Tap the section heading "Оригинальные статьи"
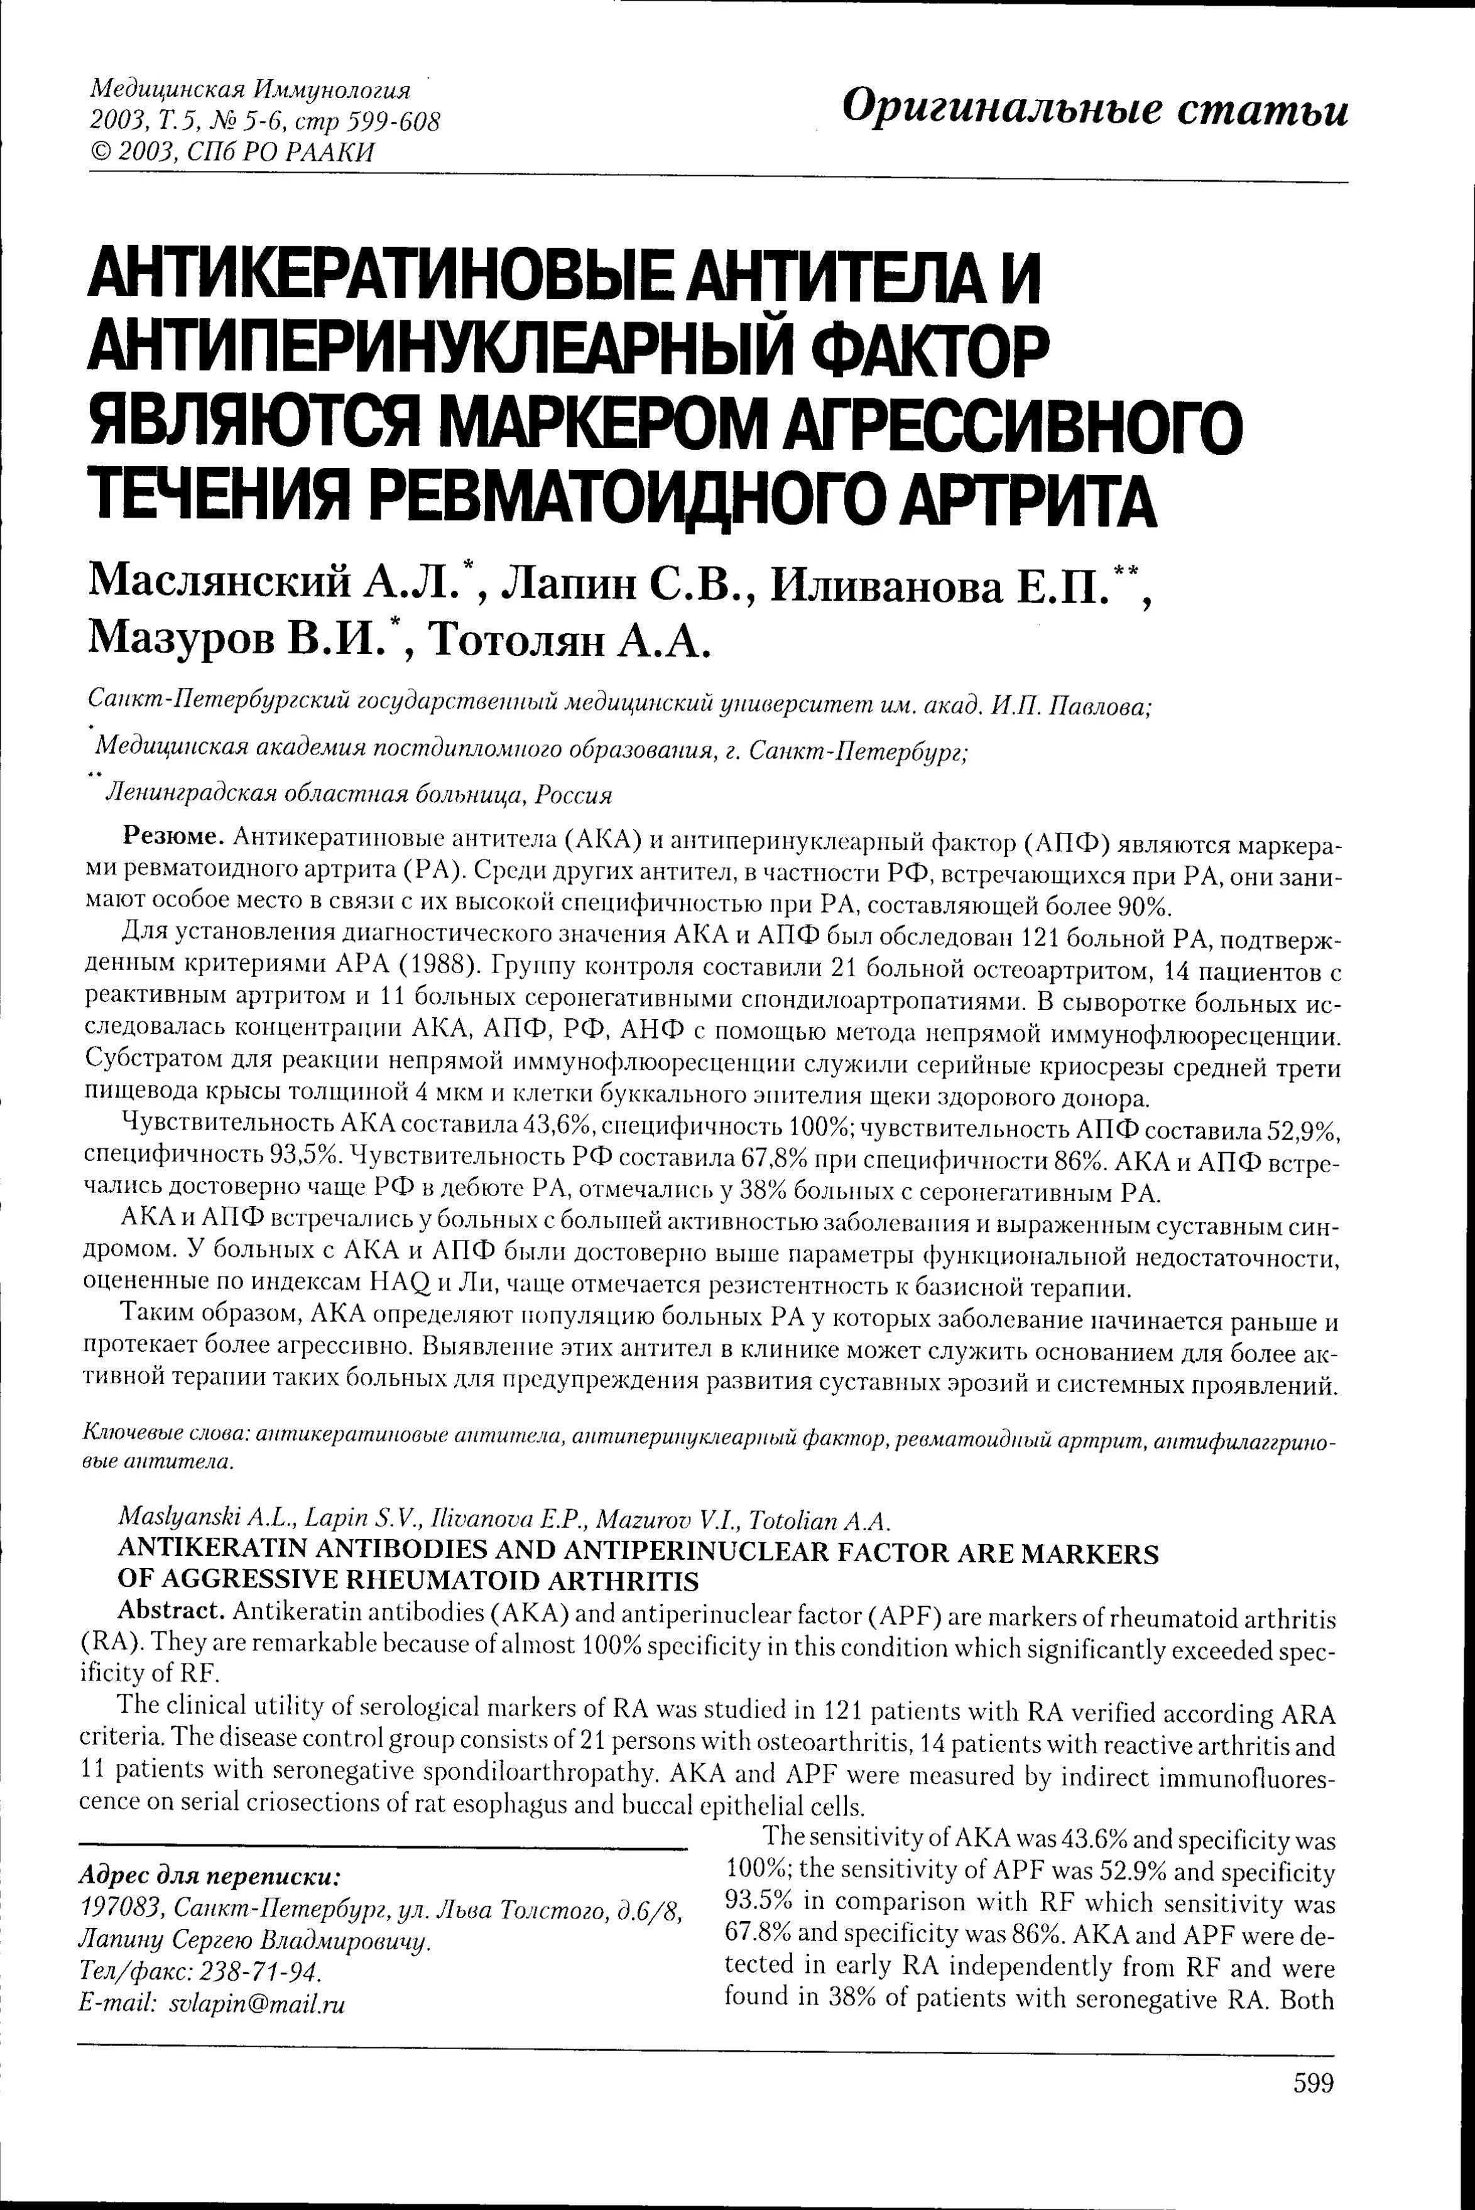[1095, 109]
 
